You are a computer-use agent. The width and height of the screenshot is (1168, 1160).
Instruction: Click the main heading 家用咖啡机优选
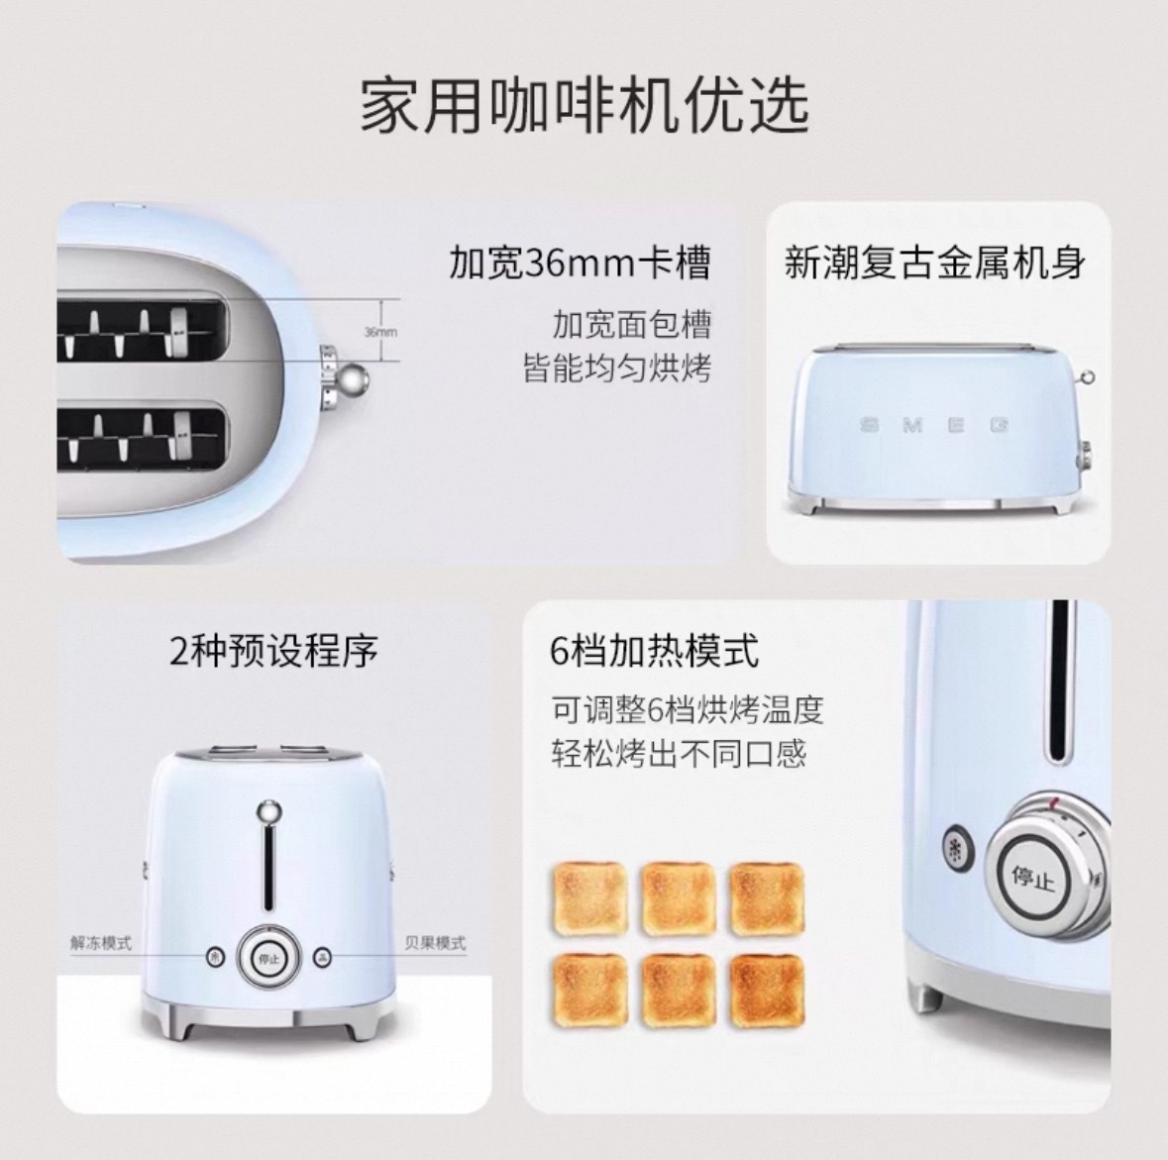point(584,105)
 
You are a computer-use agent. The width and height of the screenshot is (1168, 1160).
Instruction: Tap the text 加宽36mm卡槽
point(580,263)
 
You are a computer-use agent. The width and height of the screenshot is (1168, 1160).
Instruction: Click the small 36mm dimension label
point(379,332)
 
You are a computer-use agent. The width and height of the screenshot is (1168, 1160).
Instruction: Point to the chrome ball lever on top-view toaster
point(354,380)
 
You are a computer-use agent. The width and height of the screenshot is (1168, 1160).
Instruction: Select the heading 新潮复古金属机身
point(935,263)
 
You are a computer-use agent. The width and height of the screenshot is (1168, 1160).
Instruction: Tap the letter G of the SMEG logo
point(1000,425)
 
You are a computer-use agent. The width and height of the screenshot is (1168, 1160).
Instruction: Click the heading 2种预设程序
point(274,651)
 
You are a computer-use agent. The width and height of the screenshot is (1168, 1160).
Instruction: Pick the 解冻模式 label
point(101,943)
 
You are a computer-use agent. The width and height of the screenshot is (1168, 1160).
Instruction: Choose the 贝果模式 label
point(435,943)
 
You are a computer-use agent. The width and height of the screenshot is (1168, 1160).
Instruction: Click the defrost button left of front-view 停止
point(215,956)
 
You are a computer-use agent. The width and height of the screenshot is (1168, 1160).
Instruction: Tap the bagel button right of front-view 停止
point(322,956)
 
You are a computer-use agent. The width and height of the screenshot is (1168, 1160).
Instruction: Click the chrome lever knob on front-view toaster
point(268,812)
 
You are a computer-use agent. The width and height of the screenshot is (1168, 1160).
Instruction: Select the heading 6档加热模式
point(654,651)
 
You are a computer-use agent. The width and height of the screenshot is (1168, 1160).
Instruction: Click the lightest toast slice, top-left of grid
point(589,898)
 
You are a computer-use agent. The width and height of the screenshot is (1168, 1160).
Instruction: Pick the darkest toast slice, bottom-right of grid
point(767,991)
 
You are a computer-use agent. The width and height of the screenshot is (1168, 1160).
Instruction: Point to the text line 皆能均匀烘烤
point(617,369)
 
